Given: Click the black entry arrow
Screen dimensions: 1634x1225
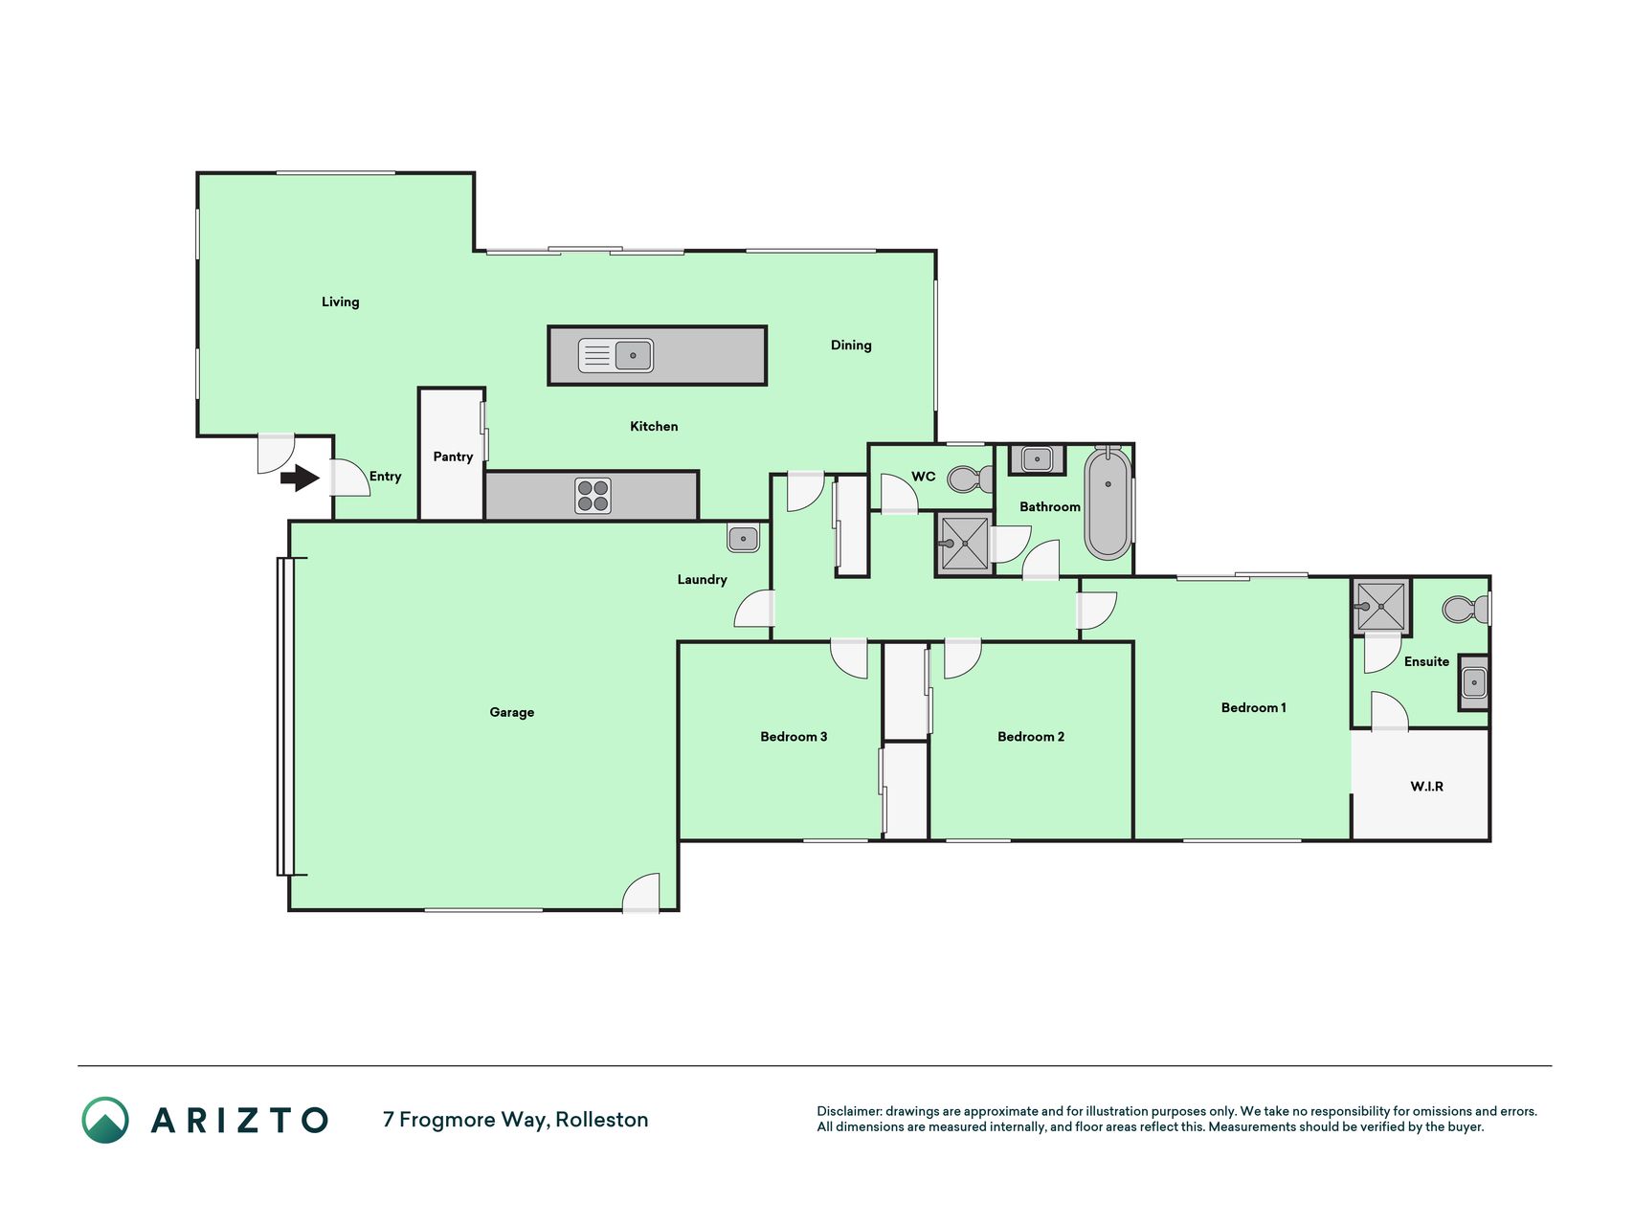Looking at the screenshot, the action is (300, 477).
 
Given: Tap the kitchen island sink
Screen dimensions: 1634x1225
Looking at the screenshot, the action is (616, 355).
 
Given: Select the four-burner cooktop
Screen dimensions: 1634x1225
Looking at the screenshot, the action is (593, 496).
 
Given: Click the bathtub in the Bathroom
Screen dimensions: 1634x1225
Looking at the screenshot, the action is (1108, 502).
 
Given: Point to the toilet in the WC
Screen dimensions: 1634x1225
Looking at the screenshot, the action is (971, 479).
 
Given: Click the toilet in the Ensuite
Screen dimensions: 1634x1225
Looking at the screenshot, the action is (1466, 609).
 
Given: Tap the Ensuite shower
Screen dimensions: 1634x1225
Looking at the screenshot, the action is (1381, 607).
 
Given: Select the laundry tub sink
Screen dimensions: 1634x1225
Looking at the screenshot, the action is (743, 539).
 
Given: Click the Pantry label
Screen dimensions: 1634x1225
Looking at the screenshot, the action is (453, 457).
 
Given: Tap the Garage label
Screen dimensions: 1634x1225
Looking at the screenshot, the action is (511, 712).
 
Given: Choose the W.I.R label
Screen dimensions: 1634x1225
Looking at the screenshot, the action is (1426, 787).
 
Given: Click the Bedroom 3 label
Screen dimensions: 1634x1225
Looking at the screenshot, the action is (794, 736).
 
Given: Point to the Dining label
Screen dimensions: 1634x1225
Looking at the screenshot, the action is (851, 345).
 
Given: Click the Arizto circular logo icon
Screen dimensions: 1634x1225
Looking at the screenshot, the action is (105, 1120).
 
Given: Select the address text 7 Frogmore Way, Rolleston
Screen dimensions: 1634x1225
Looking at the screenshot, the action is (516, 1120).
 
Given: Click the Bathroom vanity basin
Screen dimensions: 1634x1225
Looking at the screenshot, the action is (1037, 459).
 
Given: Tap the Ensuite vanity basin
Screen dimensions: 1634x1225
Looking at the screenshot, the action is (1474, 682).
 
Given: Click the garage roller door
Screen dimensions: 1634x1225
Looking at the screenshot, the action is (285, 716).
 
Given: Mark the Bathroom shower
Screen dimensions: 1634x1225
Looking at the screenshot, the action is (964, 544).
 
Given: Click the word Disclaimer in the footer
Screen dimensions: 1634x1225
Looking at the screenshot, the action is (849, 1111).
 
